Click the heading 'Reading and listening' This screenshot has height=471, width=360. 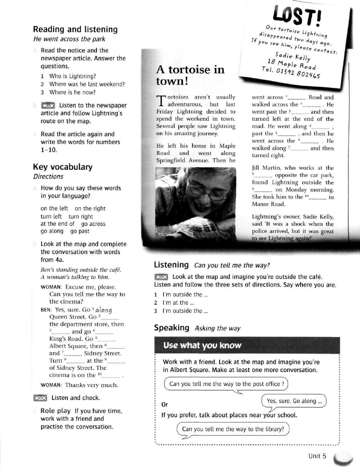coord(75,30)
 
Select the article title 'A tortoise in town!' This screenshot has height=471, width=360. coord(190,75)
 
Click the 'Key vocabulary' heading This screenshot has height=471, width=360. coord(63,167)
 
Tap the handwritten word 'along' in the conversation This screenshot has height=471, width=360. coord(102,310)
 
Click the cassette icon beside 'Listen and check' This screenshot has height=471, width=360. coord(41,398)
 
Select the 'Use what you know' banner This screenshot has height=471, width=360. coord(203,345)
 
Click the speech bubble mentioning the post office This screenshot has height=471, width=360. coord(226,384)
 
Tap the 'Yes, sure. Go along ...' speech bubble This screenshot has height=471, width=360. coord(294,401)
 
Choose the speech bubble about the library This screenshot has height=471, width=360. coord(233,429)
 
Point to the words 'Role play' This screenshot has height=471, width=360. coord(55,410)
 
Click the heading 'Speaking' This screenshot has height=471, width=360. coord(172,328)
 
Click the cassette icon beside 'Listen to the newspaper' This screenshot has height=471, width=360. coord(48,106)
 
